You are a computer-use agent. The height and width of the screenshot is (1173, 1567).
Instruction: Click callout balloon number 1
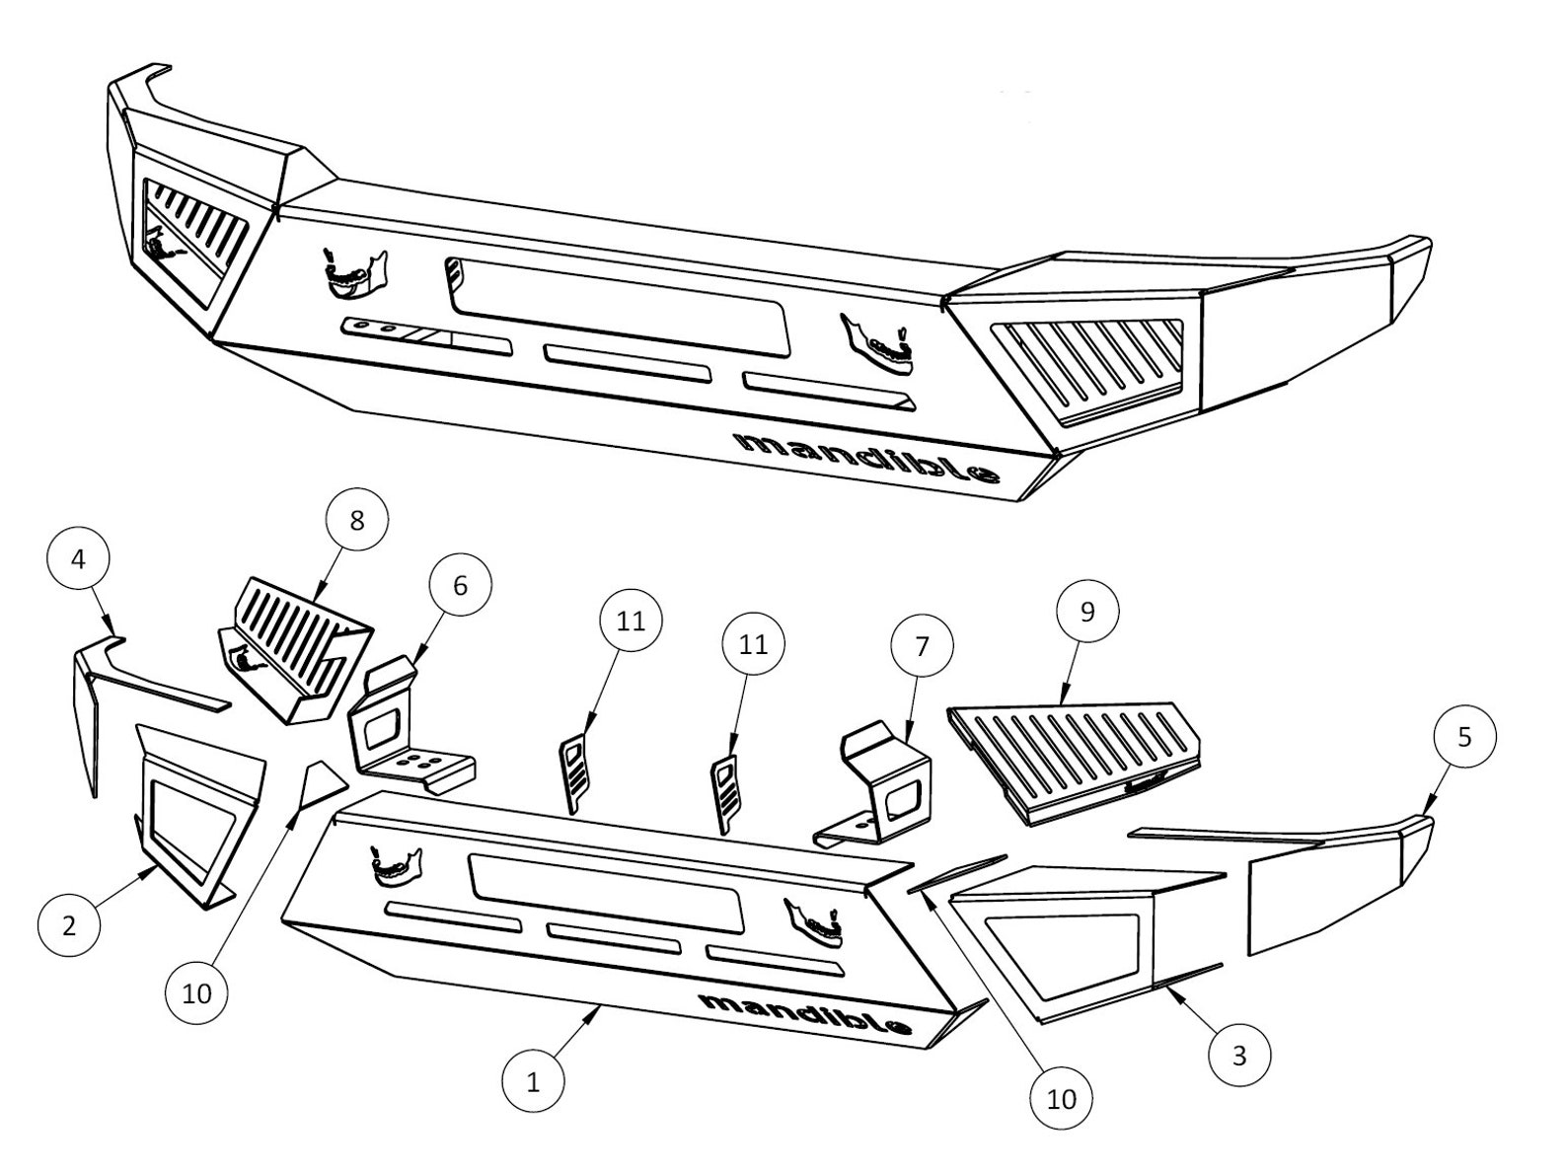pos(533,1082)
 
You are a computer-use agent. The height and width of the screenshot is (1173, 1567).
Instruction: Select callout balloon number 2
pos(68,925)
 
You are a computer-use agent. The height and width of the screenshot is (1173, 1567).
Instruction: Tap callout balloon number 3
pos(1239,1055)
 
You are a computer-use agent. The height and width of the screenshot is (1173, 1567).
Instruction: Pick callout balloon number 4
pos(78,558)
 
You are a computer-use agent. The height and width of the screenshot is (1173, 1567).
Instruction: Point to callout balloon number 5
pos(1464,737)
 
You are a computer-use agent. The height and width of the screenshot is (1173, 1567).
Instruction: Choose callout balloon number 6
pos(460,585)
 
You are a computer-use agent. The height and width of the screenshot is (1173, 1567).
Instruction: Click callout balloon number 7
pos(922,647)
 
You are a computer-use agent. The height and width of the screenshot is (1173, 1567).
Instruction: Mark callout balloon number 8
pos(357,520)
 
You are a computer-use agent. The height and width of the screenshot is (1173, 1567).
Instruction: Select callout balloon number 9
pos(1087,612)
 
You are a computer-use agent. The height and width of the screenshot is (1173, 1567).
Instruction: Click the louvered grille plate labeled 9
pos(1071,755)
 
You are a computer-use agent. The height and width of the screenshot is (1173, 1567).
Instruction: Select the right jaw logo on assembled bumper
pos(878,345)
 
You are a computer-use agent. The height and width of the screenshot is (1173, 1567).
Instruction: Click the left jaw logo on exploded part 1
pos(395,862)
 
